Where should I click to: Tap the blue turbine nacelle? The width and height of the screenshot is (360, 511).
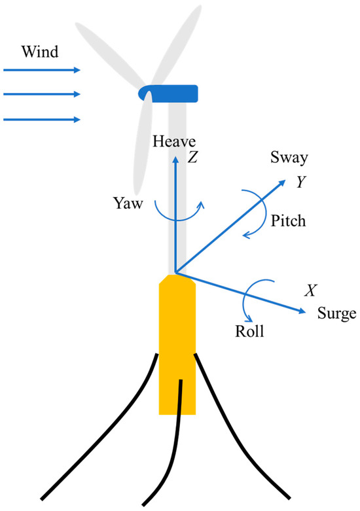pos(171,94)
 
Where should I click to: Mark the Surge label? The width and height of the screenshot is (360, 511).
pos(337,313)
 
